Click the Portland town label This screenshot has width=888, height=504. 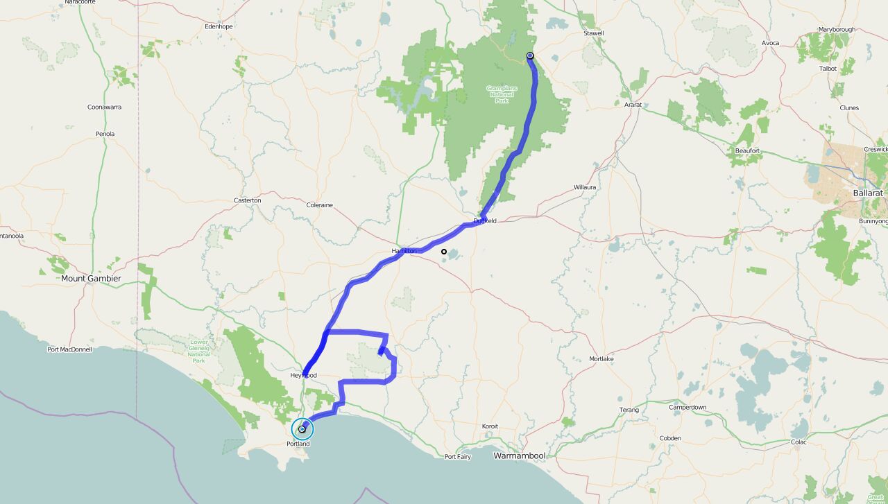(x=298, y=444)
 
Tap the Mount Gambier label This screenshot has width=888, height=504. (x=91, y=279)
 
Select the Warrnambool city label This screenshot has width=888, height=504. (x=520, y=455)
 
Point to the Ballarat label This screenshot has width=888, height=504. (x=868, y=193)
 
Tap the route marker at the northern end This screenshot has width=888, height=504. (x=530, y=55)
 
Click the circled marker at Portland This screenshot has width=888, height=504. (x=302, y=429)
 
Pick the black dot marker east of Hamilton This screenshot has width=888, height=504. (x=444, y=252)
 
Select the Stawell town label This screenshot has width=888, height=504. (x=594, y=33)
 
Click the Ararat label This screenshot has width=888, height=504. (x=633, y=105)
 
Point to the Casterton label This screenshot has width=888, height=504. (x=247, y=200)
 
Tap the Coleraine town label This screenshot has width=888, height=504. (x=320, y=205)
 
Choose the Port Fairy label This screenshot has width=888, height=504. (x=459, y=456)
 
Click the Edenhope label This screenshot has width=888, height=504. (x=219, y=26)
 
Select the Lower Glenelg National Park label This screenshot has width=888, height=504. (x=199, y=351)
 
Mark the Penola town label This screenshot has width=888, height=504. (x=105, y=134)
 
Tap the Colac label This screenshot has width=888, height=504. (x=799, y=442)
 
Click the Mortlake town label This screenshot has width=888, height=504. (x=601, y=359)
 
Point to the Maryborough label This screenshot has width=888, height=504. (x=837, y=30)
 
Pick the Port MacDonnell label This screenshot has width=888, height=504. (x=69, y=349)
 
